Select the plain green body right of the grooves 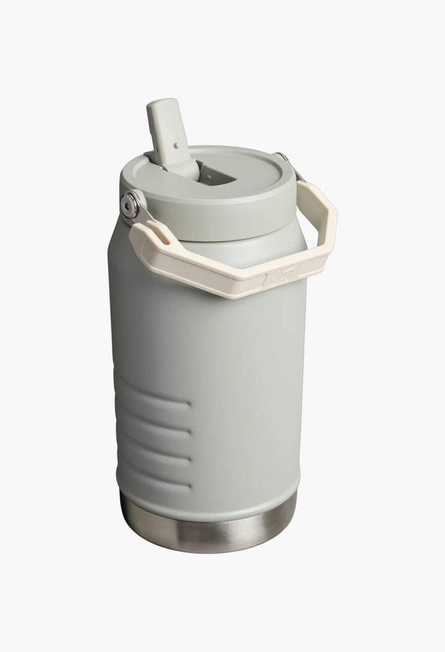pyautogui.click(x=247, y=433)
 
